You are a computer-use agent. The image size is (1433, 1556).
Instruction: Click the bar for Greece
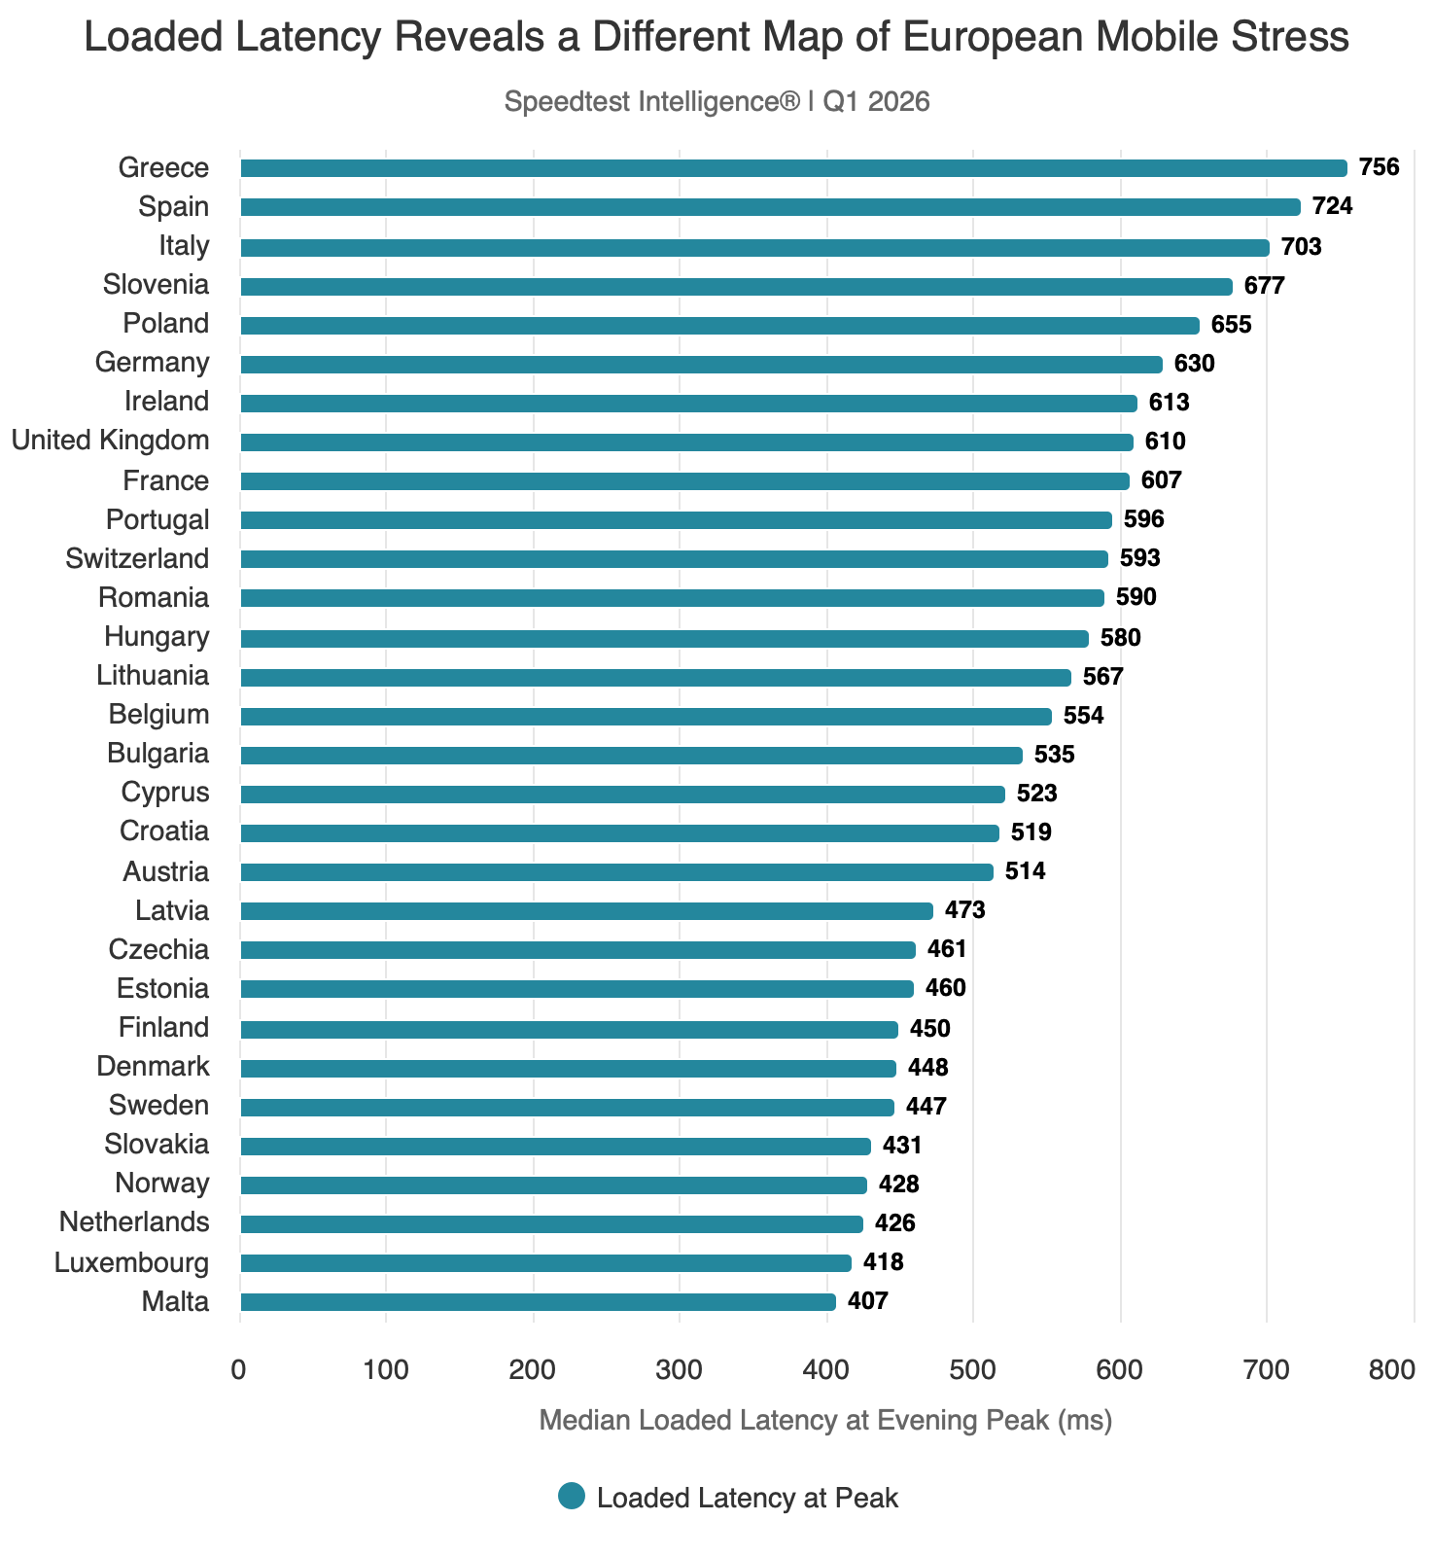(x=793, y=168)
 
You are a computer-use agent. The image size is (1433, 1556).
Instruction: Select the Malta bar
(x=538, y=1302)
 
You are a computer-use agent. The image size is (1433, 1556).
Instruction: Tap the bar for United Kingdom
(x=686, y=442)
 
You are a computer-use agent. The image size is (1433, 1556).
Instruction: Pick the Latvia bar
(x=586, y=911)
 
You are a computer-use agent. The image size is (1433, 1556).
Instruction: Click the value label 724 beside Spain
(x=1332, y=207)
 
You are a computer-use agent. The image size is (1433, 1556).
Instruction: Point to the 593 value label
(x=1140, y=559)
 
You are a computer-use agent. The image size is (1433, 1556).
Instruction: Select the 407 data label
(x=868, y=1302)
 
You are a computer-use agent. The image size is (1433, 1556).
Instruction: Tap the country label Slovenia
(x=156, y=285)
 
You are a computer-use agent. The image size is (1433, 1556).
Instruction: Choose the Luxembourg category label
(x=131, y=1263)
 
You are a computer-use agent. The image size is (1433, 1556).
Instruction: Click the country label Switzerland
(x=137, y=559)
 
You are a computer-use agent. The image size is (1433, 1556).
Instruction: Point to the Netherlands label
(x=134, y=1222)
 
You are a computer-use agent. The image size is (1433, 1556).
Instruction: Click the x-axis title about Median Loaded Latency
(x=825, y=1421)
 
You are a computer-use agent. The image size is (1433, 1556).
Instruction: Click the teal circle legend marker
(x=572, y=1497)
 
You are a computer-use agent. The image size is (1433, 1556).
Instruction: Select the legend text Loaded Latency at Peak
(x=748, y=1499)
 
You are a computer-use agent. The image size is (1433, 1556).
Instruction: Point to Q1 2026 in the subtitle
(x=877, y=102)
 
